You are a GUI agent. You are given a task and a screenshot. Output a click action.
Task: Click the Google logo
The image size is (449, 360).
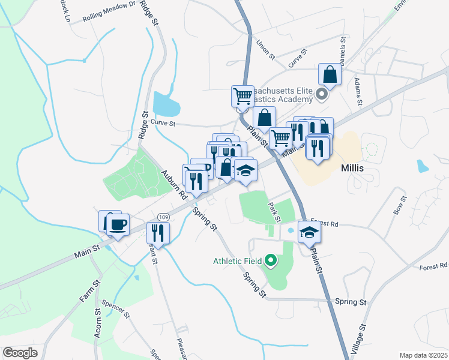click(20, 352)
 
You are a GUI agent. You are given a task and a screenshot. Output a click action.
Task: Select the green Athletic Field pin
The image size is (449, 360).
click(271, 260)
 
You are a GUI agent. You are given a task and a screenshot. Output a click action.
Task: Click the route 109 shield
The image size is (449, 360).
click(163, 217)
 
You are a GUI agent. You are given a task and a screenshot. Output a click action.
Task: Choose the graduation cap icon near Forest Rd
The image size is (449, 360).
click(309, 232)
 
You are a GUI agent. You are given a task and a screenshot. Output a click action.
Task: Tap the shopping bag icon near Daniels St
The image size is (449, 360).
click(330, 75)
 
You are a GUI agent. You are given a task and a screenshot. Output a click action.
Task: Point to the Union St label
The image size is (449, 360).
click(265, 49)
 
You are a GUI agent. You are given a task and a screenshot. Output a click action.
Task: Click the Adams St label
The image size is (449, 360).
click(358, 91)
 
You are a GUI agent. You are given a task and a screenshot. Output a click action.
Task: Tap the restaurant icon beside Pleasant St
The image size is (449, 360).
click(158, 232)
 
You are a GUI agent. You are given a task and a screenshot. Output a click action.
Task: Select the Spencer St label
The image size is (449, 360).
click(115, 308)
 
